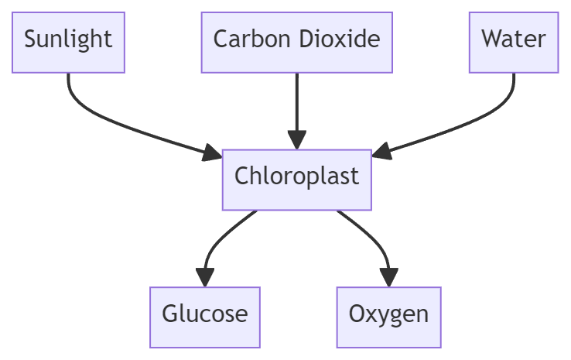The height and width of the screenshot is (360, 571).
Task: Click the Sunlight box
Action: pyautogui.click(x=68, y=42)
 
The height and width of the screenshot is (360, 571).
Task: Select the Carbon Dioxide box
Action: pyautogui.click(x=296, y=42)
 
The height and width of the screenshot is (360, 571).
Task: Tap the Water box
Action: pyautogui.click(x=514, y=42)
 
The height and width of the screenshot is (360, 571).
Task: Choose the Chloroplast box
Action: pyautogui.click(x=296, y=179)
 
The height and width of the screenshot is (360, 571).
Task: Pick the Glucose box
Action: pyautogui.click(x=205, y=317)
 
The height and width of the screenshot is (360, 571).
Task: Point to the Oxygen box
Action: pyautogui.click(x=388, y=317)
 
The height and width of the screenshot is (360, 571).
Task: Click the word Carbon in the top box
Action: pyautogui.click(x=246, y=39)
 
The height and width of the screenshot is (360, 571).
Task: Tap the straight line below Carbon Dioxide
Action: pyautogui.click(x=296, y=101)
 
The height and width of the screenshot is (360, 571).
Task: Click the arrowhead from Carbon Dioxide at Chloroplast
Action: pyautogui.click(x=296, y=140)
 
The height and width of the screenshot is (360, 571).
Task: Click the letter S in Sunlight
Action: pyautogui.click(x=30, y=39)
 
